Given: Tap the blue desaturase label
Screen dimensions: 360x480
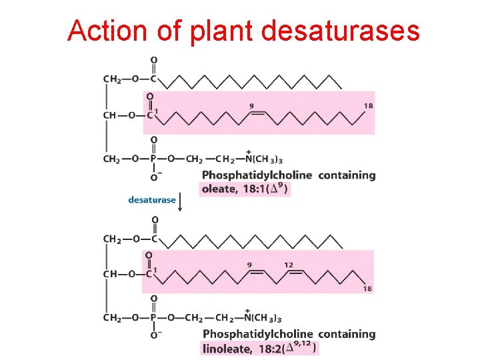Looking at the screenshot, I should tap(152, 199).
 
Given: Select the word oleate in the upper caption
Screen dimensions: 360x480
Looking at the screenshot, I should tap(219, 189).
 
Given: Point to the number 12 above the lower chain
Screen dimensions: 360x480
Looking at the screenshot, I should tap(289, 265).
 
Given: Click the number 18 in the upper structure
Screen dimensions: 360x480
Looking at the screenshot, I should tap(368, 106).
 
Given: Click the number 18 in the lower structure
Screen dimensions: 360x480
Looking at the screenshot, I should tap(368, 289).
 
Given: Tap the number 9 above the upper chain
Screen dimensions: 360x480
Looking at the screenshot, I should tap(251, 105).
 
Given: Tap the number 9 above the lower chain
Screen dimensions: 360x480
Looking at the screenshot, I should tap(249, 265).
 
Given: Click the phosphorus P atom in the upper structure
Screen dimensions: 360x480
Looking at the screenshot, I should tap(154, 159).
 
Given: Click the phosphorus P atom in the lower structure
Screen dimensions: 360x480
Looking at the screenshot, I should tap(154, 318).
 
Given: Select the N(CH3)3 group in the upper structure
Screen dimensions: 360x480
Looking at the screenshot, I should tap(264, 159).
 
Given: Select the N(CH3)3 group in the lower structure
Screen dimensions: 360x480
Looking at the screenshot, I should tap(264, 319).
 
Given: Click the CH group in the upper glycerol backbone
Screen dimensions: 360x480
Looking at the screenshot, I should tap(110, 115).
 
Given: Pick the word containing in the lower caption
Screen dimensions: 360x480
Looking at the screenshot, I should tap(347, 334).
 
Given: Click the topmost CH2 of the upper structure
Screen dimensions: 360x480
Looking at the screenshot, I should tap(113, 79).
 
